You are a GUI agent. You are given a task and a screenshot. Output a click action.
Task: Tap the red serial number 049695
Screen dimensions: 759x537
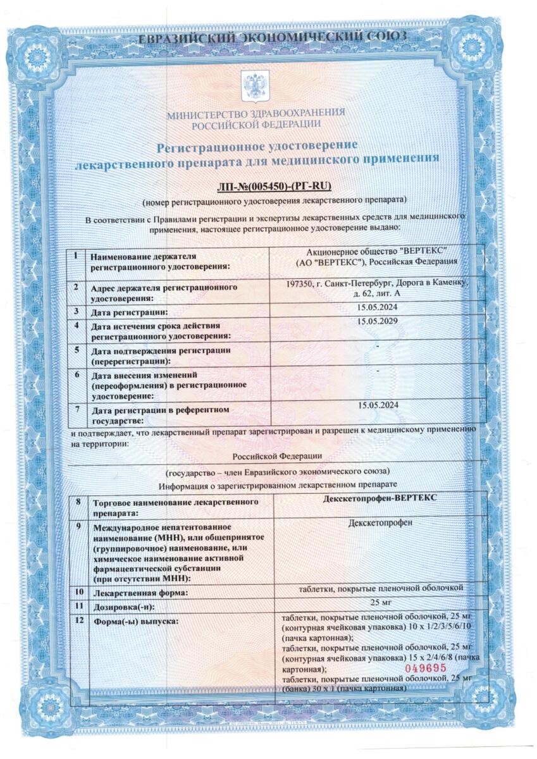pyautogui.click(x=426, y=667)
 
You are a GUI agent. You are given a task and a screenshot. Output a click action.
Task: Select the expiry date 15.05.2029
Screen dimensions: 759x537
pyautogui.click(x=378, y=322)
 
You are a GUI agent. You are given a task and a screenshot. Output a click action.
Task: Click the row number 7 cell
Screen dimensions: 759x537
pyautogui.click(x=77, y=409)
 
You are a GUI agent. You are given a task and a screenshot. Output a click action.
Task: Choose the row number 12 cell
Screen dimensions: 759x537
pyautogui.click(x=78, y=620)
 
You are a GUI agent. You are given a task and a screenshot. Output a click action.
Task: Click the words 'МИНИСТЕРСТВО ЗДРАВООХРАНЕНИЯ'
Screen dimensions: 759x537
pyautogui.click(x=256, y=113)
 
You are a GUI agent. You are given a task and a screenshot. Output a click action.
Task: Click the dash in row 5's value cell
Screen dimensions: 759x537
pyautogui.click(x=378, y=347)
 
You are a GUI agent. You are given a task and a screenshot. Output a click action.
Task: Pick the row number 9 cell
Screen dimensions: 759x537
pyautogui.click(x=77, y=526)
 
